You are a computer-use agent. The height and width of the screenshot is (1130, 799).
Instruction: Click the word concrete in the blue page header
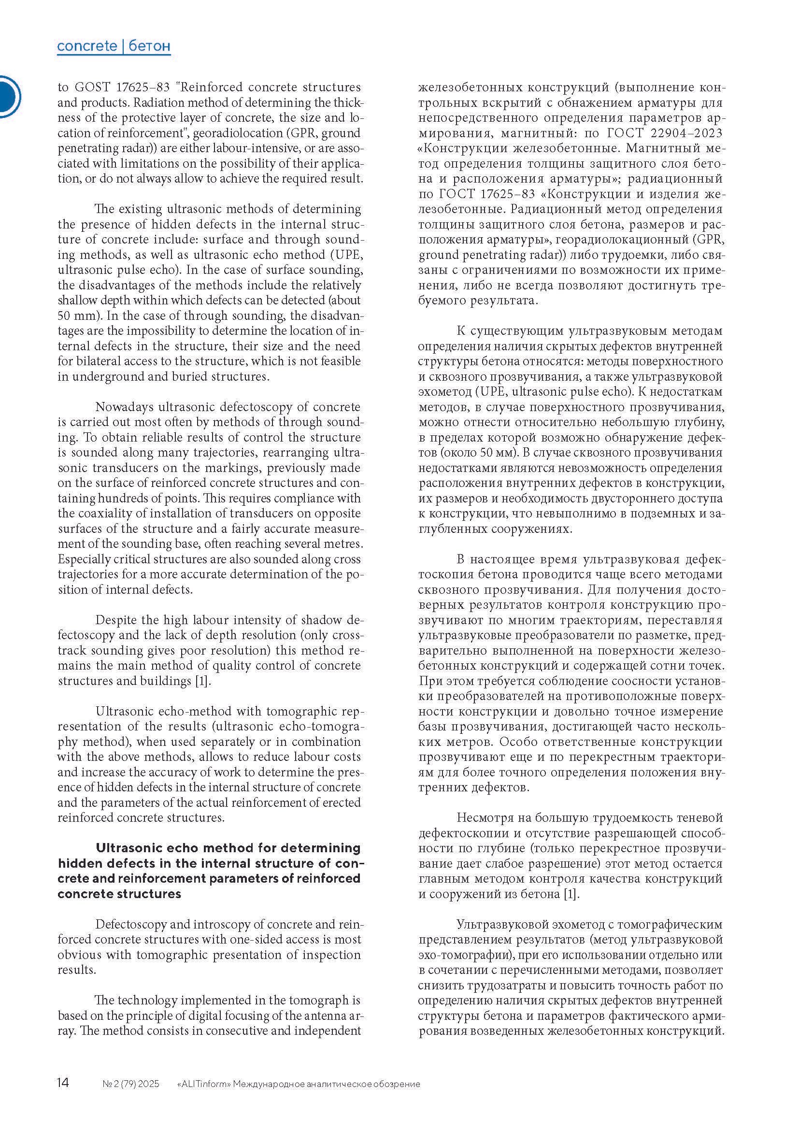tap(87, 46)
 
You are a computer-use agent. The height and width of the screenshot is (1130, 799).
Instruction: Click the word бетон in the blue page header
tap(150, 46)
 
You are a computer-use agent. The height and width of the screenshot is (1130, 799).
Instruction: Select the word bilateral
tap(97, 361)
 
